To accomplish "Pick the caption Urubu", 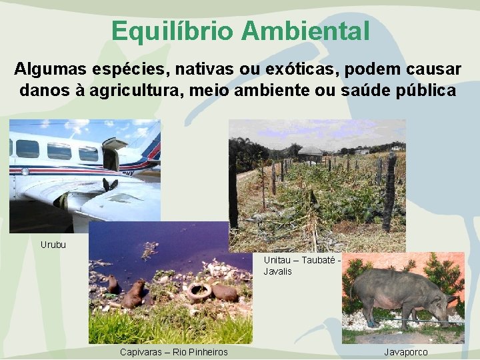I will click(x=53, y=244).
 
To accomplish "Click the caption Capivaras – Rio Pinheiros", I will click(x=173, y=352).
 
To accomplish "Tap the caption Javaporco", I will click(x=406, y=352).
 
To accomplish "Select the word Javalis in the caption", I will click(x=278, y=271).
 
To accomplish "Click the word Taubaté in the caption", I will click(x=317, y=259).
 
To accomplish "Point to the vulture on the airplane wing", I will click(x=110, y=185).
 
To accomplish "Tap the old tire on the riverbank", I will click(x=198, y=291).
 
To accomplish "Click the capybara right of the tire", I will click(x=225, y=293).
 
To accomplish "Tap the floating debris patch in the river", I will click(x=150, y=250).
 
